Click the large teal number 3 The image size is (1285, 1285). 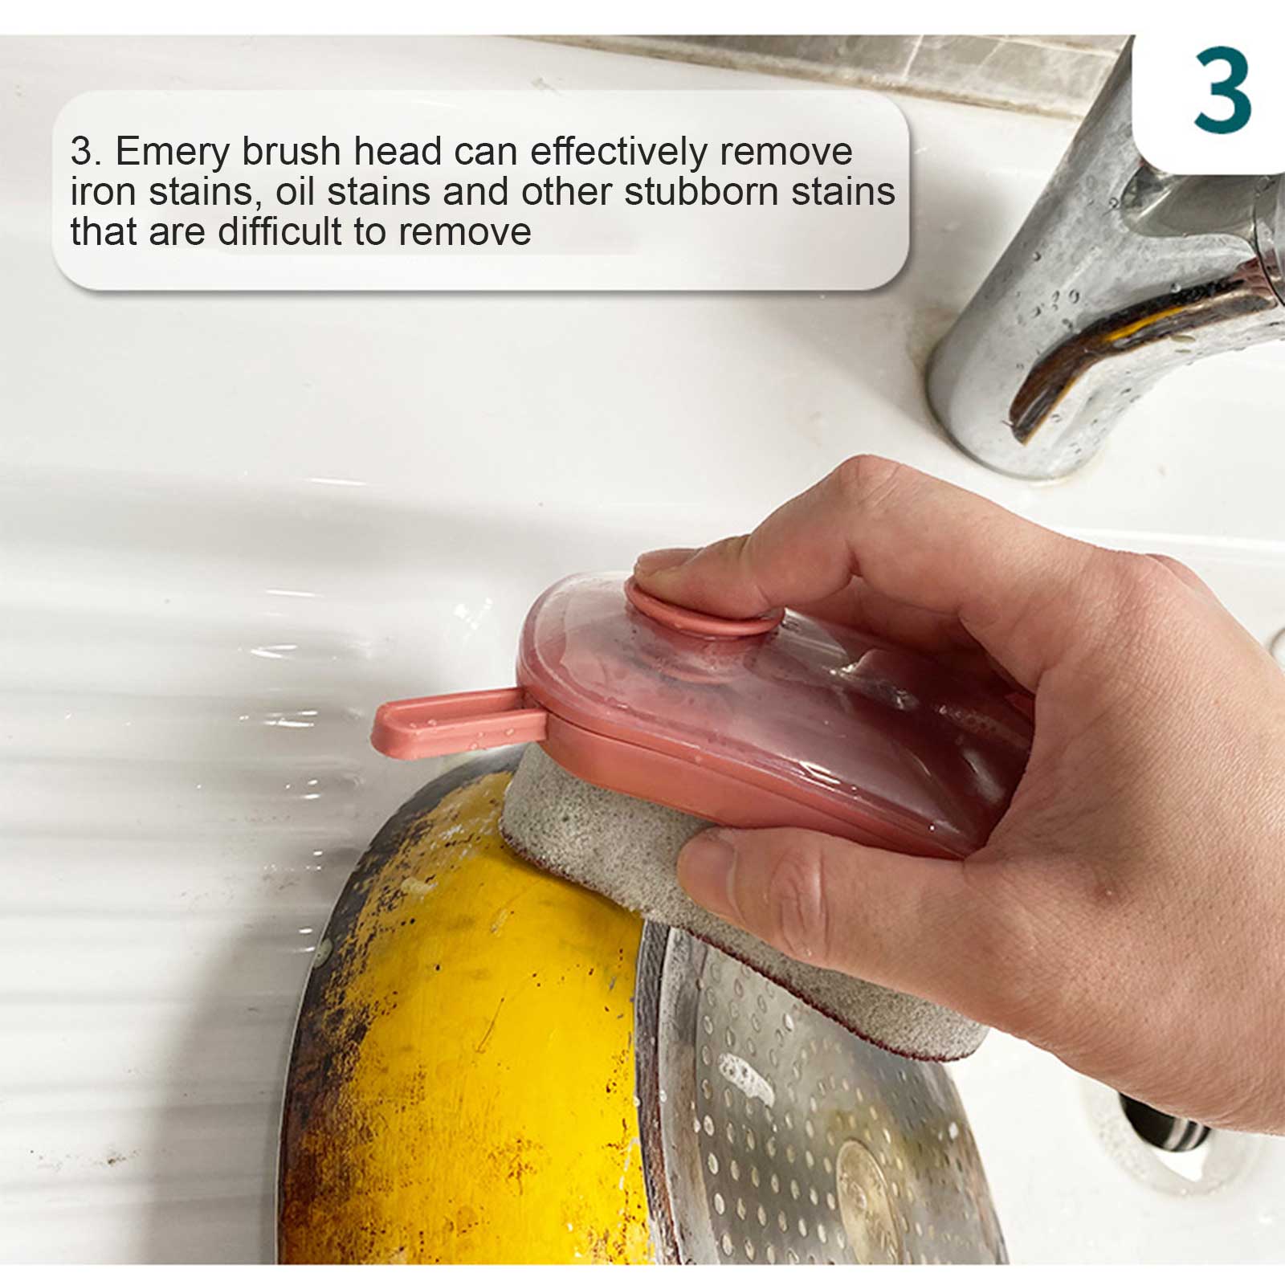(1222, 91)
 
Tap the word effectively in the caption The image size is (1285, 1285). (618, 151)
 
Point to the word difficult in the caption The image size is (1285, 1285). (280, 231)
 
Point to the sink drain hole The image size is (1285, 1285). (1161, 1124)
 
